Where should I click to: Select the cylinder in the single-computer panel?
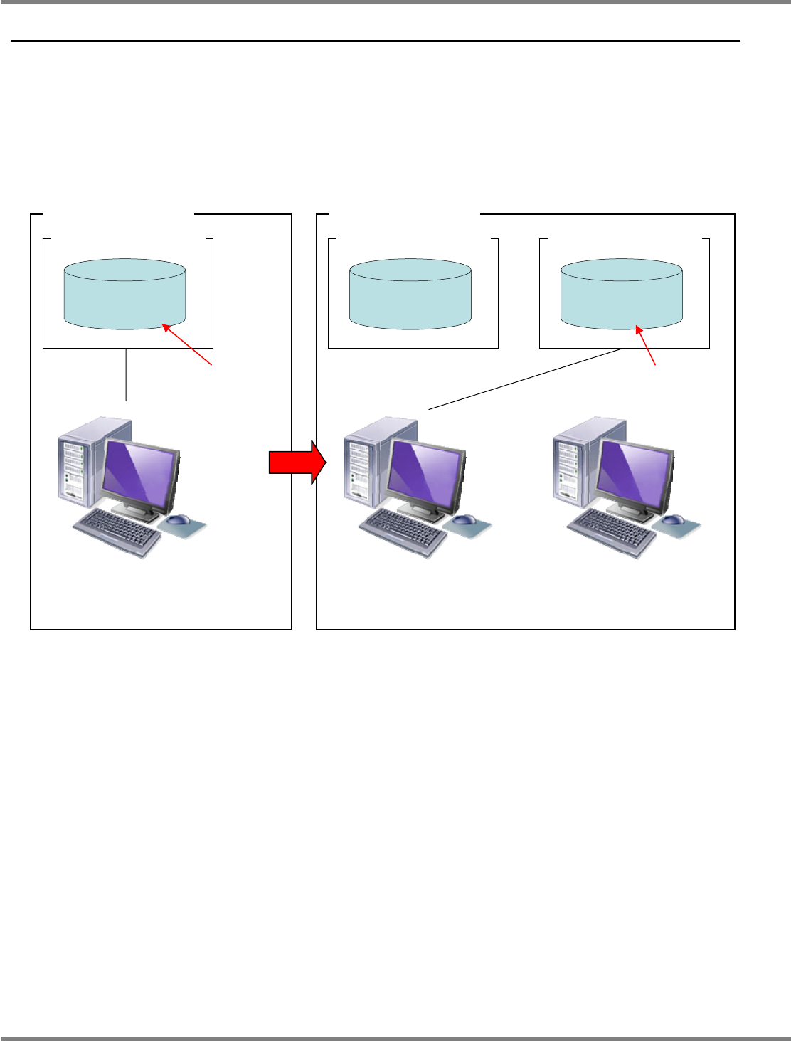click(x=125, y=293)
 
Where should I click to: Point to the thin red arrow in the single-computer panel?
click(x=188, y=346)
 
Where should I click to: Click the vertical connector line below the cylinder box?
click(x=126, y=375)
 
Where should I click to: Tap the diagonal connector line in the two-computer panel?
click(x=526, y=379)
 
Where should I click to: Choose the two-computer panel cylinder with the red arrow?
click(x=622, y=293)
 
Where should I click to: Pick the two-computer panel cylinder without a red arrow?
click(x=410, y=293)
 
